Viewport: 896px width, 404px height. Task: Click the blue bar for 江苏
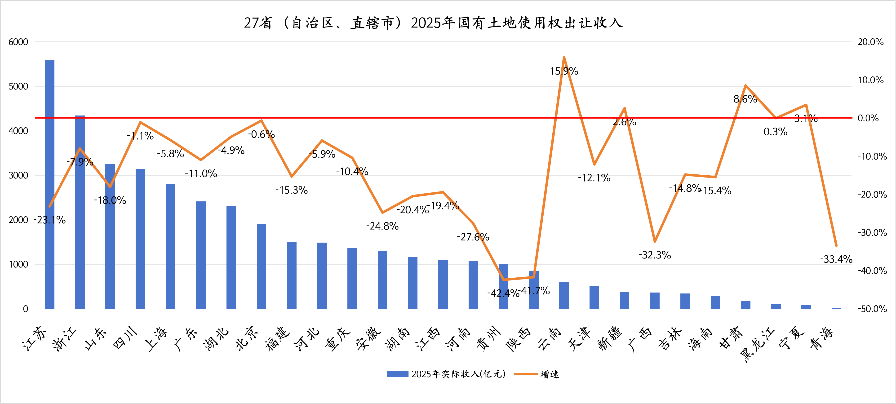point(50,184)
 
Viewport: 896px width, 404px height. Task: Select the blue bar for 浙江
point(80,212)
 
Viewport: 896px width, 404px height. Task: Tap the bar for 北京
point(262,266)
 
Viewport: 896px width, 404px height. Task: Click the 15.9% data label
point(564,71)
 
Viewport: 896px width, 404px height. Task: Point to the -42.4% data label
point(503,293)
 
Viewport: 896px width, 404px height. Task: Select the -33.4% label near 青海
point(836,259)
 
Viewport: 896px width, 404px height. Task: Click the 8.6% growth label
point(745,99)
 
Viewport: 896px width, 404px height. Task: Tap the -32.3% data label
point(655,255)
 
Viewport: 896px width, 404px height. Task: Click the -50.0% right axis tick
point(872,309)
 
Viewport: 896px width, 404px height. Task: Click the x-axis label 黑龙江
point(758,345)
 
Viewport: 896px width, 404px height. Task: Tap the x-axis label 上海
point(156,339)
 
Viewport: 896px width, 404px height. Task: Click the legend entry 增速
point(550,374)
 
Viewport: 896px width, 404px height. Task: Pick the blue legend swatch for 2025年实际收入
point(397,374)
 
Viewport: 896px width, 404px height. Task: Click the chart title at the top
point(433,23)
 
